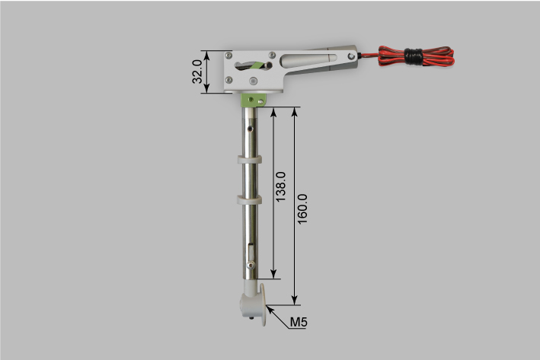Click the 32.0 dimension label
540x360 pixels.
coord(197,72)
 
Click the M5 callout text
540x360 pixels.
coord(299,323)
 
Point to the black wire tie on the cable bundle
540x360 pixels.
coord(414,55)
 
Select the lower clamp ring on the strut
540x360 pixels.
coord(250,199)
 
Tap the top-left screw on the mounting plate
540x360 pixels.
coord(229,56)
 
